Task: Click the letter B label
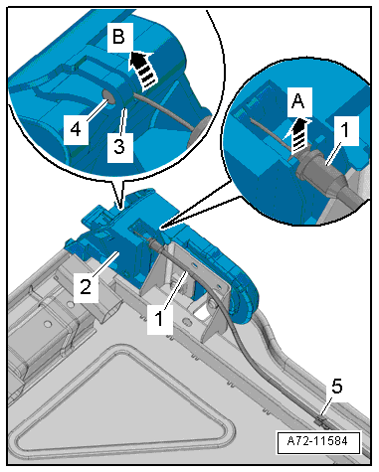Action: [119, 36]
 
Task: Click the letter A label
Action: [299, 101]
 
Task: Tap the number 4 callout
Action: [76, 129]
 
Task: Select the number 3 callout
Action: [119, 147]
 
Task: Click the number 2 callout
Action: [86, 286]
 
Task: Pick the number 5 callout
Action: [337, 387]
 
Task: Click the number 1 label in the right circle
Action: [345, 130]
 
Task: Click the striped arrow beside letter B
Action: [143, 71]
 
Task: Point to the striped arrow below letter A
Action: [299, 136]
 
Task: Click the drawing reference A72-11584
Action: [318, 442]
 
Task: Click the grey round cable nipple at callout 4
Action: [108, 96]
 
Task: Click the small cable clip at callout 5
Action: [321, 421]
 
